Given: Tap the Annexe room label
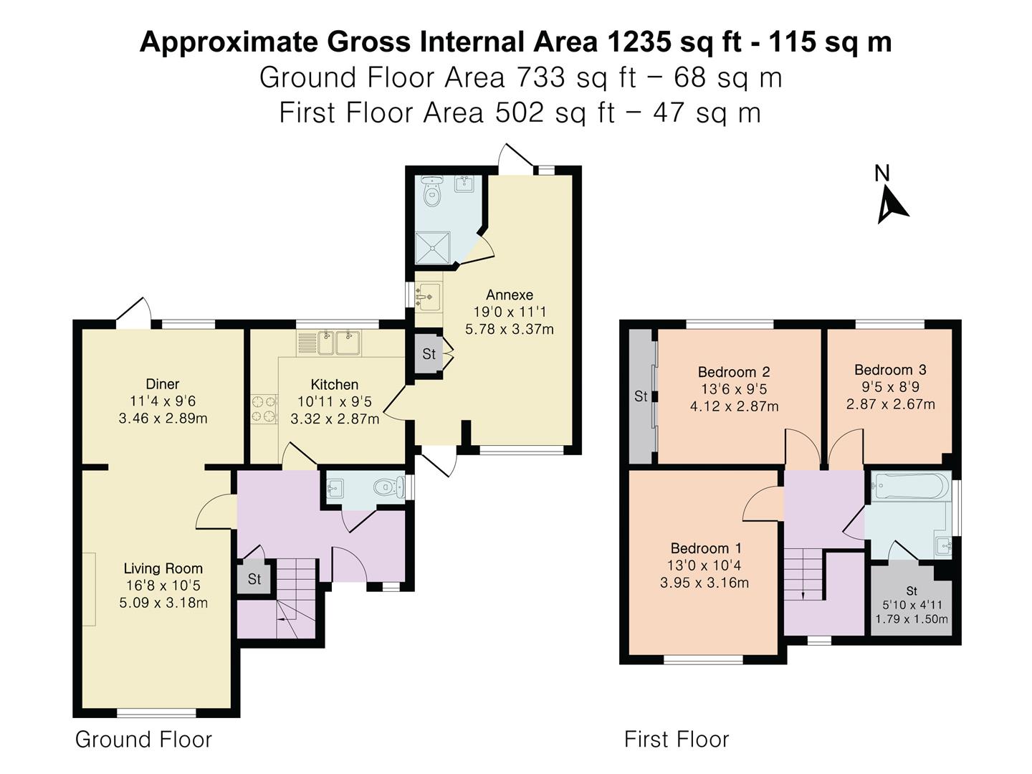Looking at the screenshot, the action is point(509,295).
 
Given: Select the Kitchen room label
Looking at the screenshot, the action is point(334,384).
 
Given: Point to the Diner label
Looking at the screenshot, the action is point(163,384).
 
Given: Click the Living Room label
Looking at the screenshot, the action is point(163,568).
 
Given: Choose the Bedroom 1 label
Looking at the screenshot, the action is point(706,548).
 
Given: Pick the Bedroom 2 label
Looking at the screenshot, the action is point(734,372).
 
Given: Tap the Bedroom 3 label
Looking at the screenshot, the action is point(890,370).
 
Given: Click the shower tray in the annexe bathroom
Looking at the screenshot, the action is point(433,248).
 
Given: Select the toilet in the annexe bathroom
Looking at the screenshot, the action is point(431,191).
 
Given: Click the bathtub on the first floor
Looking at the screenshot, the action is point(909,486).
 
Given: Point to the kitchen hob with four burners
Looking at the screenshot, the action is point(264,408).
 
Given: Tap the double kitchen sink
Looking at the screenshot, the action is point(338,343).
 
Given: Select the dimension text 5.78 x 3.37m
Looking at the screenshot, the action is point(509,329).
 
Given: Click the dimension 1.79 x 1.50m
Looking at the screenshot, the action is point(911,619).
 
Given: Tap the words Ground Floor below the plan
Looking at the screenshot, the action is point(143,739).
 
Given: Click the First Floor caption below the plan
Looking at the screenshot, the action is point(676,739).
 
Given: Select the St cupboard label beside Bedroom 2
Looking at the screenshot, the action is point(641,396).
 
